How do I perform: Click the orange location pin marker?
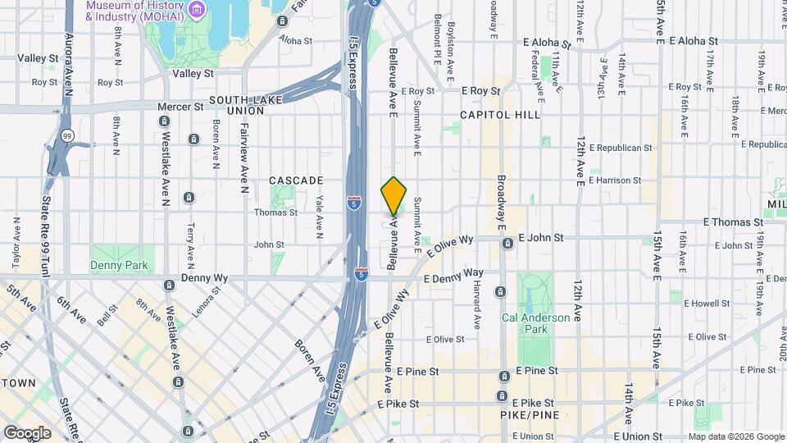coord(394,195)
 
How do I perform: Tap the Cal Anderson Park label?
coord(535,323)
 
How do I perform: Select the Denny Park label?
coord(119,265)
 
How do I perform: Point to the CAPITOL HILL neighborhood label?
coord(500,115)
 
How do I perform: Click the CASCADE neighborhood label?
coord(296,180)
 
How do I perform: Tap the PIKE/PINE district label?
coord(524,417)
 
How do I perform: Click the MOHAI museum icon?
coord(196,9)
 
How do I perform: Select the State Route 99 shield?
coord(67,135)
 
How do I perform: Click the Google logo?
coord(26,433)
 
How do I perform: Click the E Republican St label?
coord(619,148)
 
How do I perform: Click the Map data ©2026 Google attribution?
coord(735,436)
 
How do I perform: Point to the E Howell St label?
coord(709,303)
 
